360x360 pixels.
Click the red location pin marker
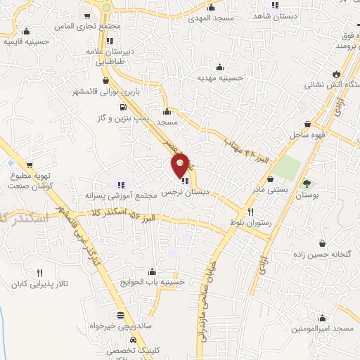[181, 165]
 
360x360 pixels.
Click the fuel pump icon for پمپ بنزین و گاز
[124, 108]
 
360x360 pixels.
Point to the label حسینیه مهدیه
[220, 78]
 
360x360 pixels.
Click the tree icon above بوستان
[306, 184]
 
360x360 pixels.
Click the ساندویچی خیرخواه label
[118, 327]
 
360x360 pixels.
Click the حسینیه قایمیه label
[27, 41]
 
